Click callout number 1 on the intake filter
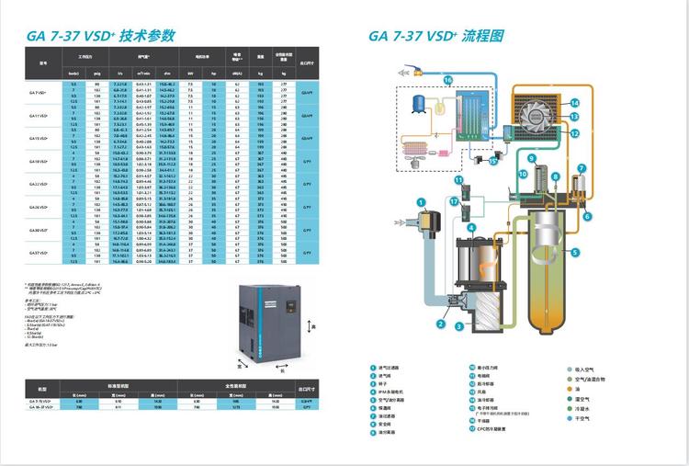click(420, 202)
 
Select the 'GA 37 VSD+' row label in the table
click(39, 253)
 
